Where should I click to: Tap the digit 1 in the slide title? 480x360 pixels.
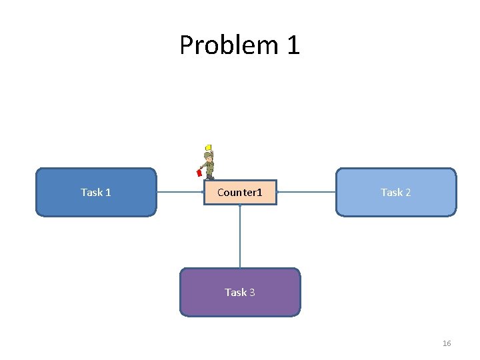pyautogui.click(x=293, y=45)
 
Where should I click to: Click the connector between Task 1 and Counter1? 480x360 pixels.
pyautogui.click(x=179, y=192)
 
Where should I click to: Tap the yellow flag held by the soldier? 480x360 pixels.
pyautogui.click(x=208, y=147)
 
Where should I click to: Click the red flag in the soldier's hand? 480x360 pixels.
pyautogui.click(x=199, y=173)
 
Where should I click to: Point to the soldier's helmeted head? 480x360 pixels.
pyautogui.click(x=209, y=155)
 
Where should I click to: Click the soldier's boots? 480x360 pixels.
pyautogui.click(x=211, y=177)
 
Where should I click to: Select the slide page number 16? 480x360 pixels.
pyautogui.click(x=447, y=343)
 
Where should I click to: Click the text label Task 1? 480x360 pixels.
pyautogui.click(x=95, y=192)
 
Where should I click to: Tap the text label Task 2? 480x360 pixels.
pyautogui.click(x=396, y=192)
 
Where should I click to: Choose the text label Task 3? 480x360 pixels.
pyautogui.click(x=240, y=292)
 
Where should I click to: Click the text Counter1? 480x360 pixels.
pyautogui.click(x=240, y=192)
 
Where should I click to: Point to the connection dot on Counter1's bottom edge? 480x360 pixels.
pyautogui.click(x=240, y=205)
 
